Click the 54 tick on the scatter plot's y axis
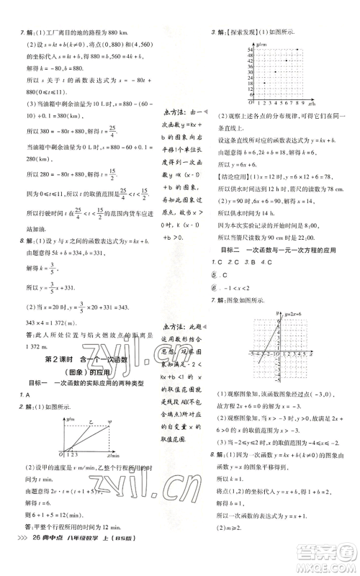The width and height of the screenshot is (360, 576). point(252,49)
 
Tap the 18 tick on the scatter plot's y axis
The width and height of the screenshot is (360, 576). point(252,83)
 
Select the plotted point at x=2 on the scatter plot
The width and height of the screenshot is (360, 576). point(264,84)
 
